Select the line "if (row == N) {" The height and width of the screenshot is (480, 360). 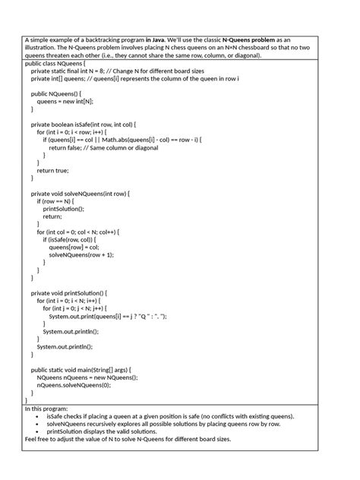click(58, 201)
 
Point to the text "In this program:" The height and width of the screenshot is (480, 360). click(46, 408)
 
